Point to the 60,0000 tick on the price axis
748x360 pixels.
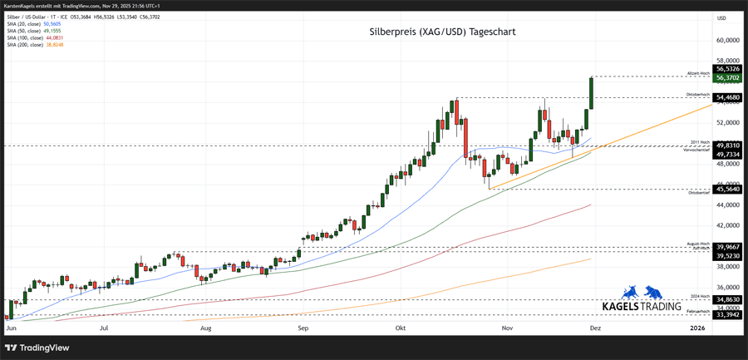727,40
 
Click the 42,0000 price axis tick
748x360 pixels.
727,225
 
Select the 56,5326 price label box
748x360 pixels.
727,69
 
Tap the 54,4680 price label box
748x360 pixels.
727,97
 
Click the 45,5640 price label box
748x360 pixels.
727,190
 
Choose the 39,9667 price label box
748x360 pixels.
727,247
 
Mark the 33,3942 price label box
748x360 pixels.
727,315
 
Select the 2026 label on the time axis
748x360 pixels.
698,329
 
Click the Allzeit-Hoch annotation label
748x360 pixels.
698,73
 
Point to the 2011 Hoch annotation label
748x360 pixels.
700,143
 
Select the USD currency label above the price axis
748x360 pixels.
721,17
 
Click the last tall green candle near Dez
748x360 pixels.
591,92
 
